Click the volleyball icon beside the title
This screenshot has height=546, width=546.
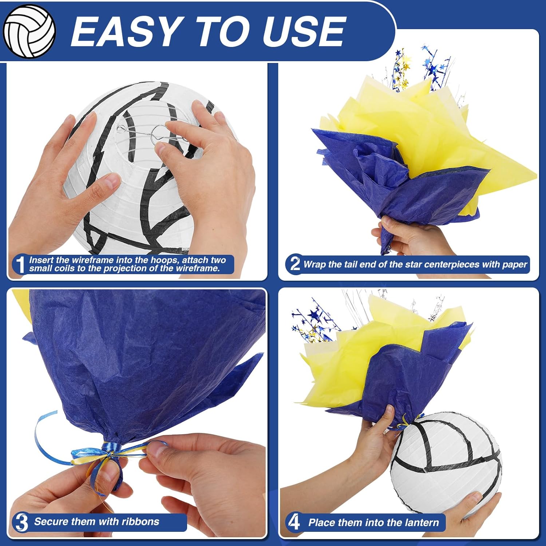tap(29, 31)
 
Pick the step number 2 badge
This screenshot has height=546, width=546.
tap(294, 264)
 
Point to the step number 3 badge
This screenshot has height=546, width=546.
tap(21, 522)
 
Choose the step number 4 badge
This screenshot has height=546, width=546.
tap(293, 522)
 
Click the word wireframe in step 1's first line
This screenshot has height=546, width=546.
tap(92, 260)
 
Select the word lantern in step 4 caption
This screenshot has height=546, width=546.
tap(422, 522)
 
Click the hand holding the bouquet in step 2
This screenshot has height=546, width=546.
tap(411, 237)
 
